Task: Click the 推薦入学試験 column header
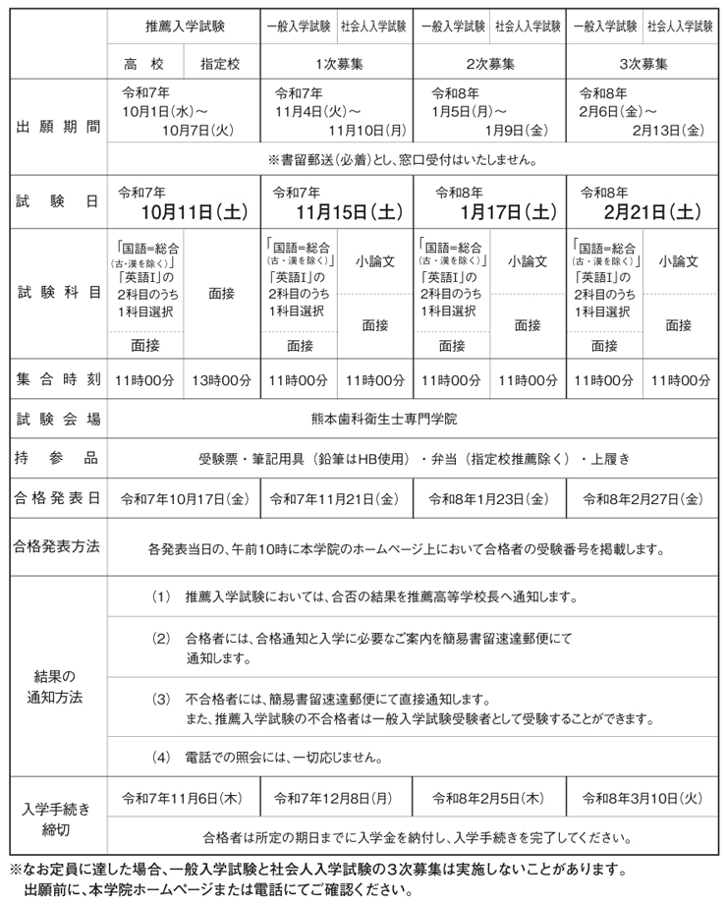[x=184, y=27]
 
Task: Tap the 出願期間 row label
[x=59, y=127]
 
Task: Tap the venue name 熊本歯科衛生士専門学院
[x=416, y=419]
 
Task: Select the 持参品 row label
[x=59, y=458]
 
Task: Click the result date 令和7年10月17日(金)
[x=184, y=498]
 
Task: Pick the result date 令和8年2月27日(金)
[x=643, y=498]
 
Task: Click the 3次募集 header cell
[x=643, y=65]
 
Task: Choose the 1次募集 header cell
[x=336, y=65]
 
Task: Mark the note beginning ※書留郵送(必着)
[x=416, y=158]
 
